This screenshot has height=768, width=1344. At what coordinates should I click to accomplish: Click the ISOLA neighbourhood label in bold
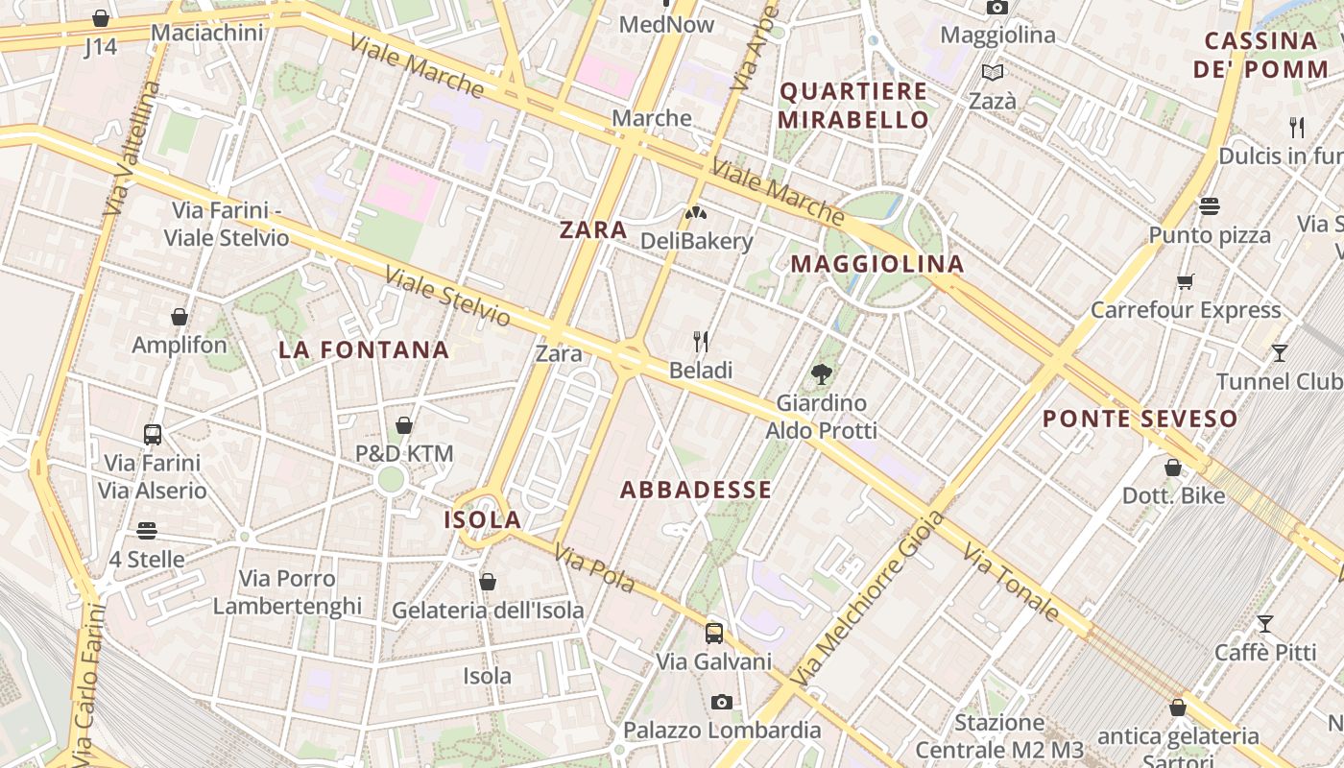(x=482, y=520)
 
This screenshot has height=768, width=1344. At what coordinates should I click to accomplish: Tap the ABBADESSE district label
(x=696, y=491)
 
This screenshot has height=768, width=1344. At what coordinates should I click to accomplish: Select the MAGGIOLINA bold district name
(x=877, y=264)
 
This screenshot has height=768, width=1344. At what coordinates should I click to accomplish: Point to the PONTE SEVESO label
(x=1140, y=419)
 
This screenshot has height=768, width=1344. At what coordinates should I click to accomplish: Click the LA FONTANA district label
(x=364, y=350)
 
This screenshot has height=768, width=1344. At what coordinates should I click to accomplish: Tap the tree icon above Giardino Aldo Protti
(x=821, y=374)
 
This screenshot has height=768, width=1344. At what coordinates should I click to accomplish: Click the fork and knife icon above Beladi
(x=701, y=341)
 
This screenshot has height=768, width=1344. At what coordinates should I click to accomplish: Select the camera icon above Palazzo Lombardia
(x=722, y=702)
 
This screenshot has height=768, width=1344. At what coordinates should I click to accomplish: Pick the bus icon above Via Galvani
(x=713, y=633)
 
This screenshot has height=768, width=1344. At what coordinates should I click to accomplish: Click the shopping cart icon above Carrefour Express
(x=1186, y=281)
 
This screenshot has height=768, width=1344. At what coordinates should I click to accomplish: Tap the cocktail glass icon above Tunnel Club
(x=1279, y=353)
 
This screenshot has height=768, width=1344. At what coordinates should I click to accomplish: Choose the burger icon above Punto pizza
(x=1209, y=205)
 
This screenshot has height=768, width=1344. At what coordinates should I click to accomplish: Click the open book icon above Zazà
(x=993, y=72)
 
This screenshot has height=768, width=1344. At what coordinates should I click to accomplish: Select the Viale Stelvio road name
(x=447, y=296)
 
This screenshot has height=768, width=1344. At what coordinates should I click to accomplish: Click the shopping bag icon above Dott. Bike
(x=1173, y=468)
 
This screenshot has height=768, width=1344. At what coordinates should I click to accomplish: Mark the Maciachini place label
(x=207, y=33)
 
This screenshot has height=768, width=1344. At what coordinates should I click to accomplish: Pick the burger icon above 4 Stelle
(x=147, y=530)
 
